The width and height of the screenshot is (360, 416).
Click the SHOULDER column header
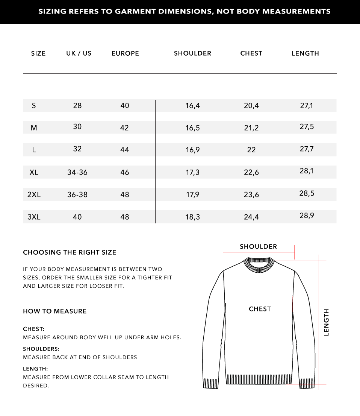[x=192, y=53]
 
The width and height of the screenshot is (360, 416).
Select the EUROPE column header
[x=125, y=53]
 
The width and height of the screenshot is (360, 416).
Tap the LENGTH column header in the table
[x=305, y=53]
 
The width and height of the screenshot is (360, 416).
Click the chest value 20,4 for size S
[x=251, y=106]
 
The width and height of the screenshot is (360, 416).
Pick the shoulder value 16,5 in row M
[x=192, y=128]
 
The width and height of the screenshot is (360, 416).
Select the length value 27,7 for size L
[x=307, y=149]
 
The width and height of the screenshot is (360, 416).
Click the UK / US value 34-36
[x=77, y=172]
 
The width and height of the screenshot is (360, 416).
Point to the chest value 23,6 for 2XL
[x=251, y=194]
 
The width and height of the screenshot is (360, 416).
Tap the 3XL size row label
[x=34, y=217]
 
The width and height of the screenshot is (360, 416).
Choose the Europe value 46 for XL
[x=125, y=172]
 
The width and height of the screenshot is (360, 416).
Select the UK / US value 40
[x=77, y=217]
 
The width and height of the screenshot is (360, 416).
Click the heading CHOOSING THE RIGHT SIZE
[x=70, y=252]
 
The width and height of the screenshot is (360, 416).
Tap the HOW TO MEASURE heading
[x=55, y=311]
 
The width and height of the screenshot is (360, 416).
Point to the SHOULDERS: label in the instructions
[x=41, y=349]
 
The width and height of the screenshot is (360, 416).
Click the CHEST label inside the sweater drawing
[x=260, y=309]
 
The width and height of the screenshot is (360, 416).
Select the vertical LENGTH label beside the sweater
[x=326, y=322]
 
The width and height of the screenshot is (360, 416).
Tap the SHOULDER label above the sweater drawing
[x=258, y=247]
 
